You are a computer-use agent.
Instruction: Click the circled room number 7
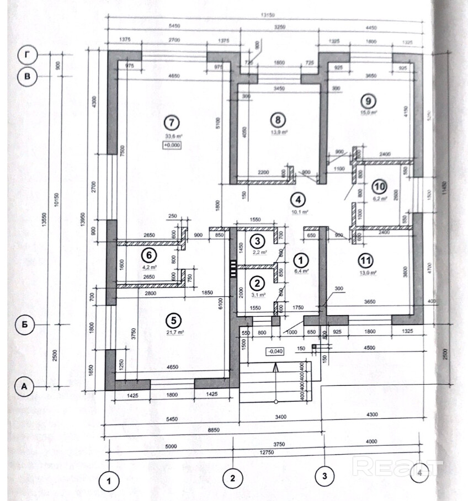tap(172, 122)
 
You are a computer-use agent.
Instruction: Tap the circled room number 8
tap(278, 119)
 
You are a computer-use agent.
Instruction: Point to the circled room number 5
tap(174, 319)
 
